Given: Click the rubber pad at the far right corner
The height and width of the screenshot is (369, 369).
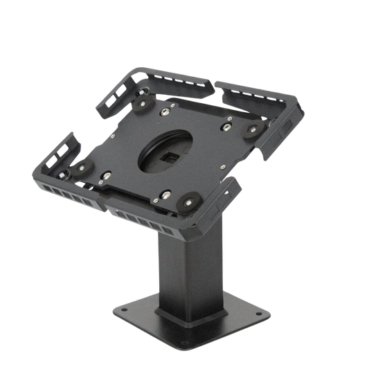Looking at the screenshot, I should point(253,128).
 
